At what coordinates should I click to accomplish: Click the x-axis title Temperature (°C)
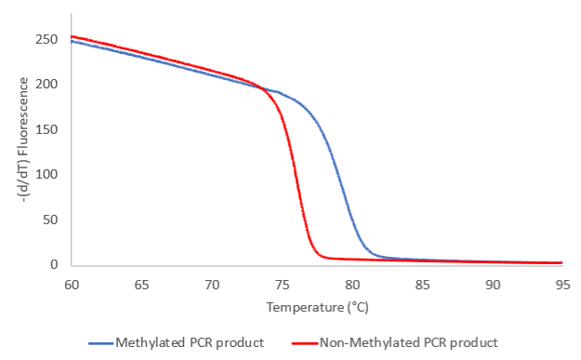317,306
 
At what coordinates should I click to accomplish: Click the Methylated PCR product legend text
190,342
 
